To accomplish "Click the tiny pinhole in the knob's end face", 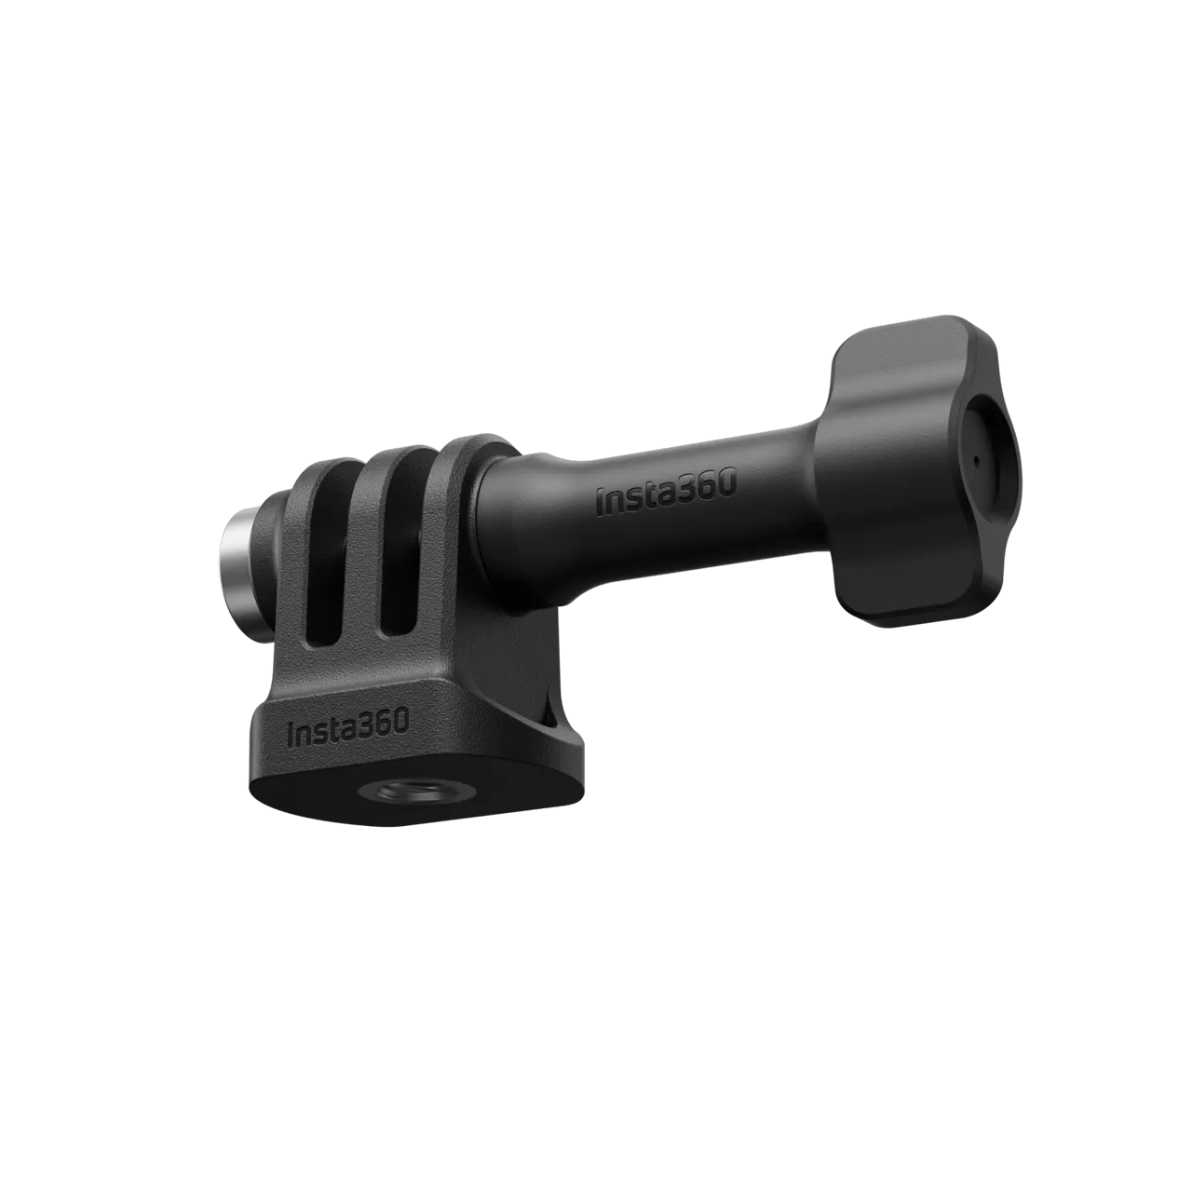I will [x=975, y=460].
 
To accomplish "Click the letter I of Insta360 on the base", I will [x=291, y=733].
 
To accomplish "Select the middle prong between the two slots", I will [x=359, y=559].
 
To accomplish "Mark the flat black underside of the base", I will [x=307, y=792].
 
